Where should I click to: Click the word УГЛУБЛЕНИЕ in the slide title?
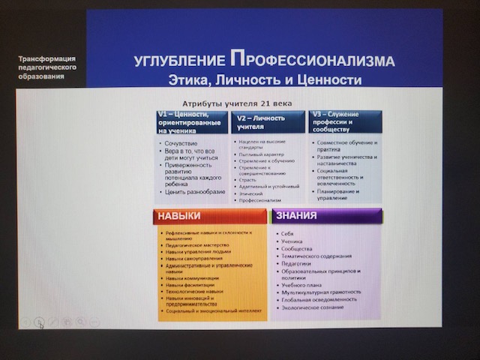pos(178,61)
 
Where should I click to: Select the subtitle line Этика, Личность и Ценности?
pos(265,79)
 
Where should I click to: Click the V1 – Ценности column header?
pos(190,121)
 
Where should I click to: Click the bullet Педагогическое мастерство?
pos(193,244)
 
